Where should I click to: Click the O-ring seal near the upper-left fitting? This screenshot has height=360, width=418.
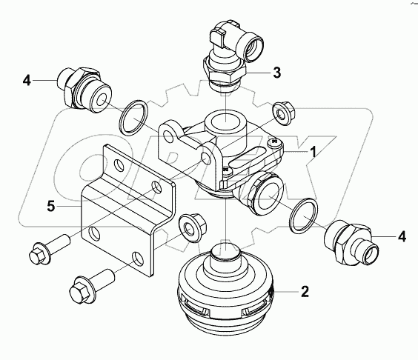tap(133, 117)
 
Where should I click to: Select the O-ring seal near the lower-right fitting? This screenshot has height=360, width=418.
tap(303, 216)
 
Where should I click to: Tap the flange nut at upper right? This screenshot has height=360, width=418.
tap(282, 111)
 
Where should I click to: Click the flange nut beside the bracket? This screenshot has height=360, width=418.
tap(190, 225)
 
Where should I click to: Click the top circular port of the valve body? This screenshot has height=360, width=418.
tap(221, 120)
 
